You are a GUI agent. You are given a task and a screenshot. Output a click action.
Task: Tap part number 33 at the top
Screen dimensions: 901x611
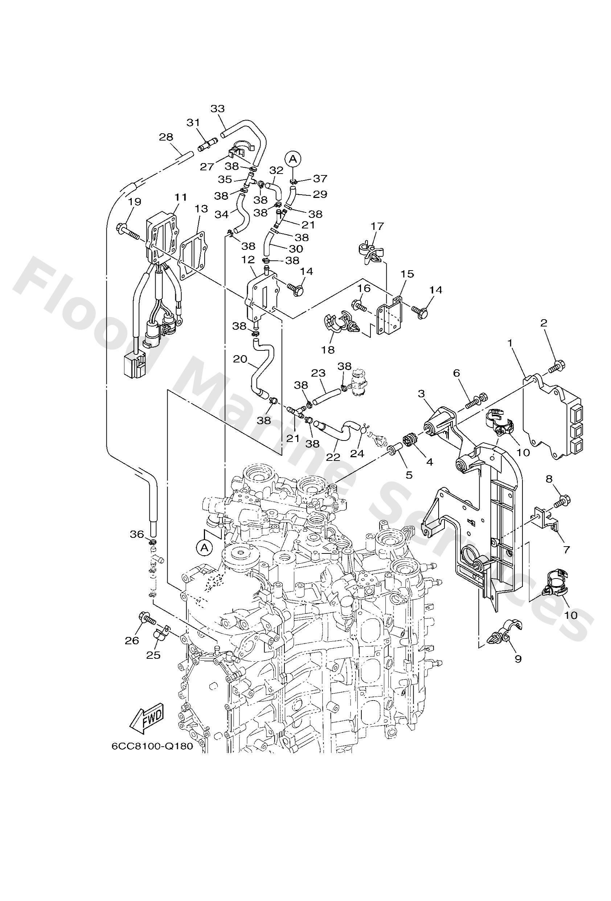tap(217, 109)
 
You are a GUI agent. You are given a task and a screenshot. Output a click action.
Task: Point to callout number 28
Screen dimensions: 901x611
tap(166, 137)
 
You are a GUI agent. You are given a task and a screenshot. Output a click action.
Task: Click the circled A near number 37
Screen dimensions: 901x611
tap(293, 159)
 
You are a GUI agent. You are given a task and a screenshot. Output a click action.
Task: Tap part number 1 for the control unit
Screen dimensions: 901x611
tap(510, 343)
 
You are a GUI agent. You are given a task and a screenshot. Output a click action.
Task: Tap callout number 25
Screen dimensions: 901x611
tap(153, 654)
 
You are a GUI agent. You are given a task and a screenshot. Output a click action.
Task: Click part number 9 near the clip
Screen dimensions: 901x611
tap(518, 658)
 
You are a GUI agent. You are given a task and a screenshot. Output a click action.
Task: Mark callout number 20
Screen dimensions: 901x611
tap(240, 359)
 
